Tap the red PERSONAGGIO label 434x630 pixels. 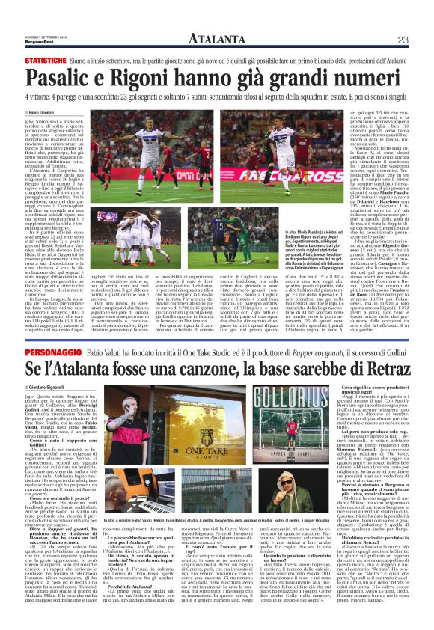pyautogui.click(x=46, y=352)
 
